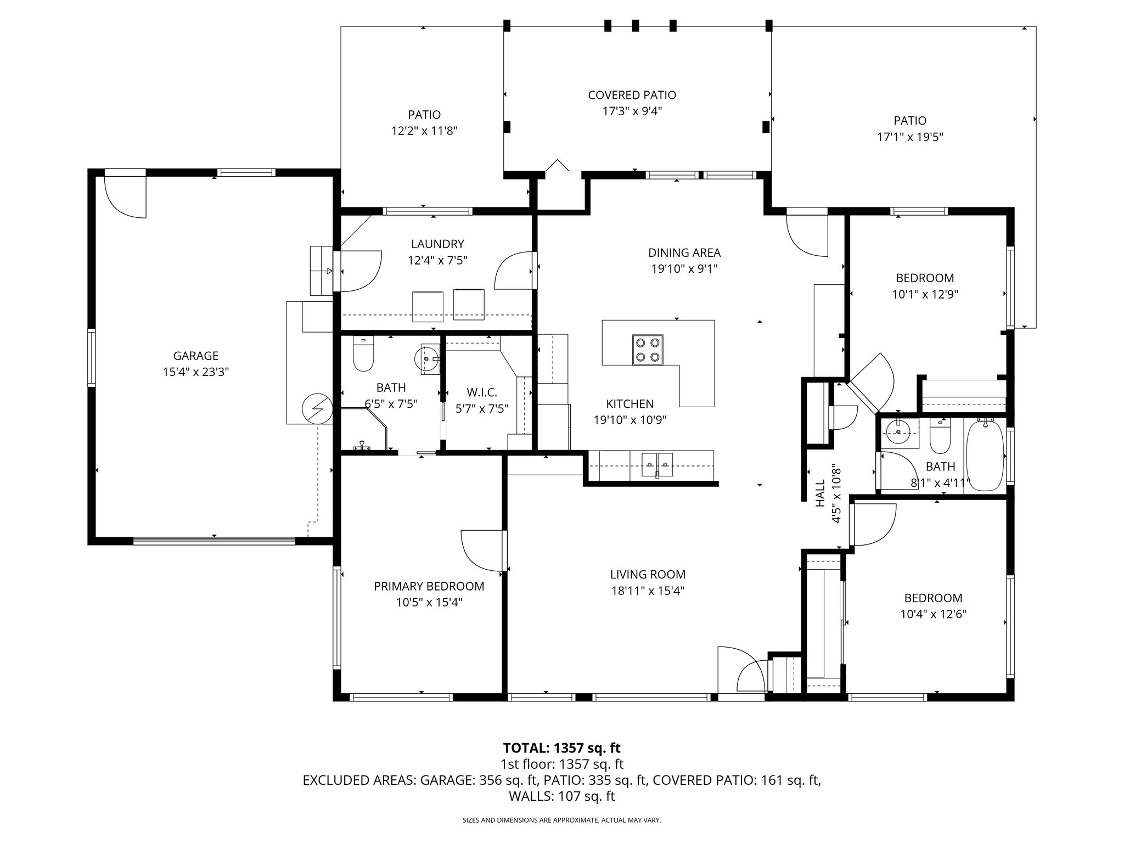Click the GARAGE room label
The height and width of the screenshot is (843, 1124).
[195, 356]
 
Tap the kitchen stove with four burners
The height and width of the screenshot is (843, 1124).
[648, 350]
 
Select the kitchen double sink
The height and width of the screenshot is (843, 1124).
[657, 465]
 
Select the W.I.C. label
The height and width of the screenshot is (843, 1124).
[482, 392]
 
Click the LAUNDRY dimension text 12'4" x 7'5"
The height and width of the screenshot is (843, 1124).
[437, 260]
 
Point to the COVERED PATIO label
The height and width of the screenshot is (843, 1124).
[632, 95]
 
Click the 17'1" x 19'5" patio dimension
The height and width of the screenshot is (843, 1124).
[910, 137]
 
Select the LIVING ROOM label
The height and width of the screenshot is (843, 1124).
[648, 575]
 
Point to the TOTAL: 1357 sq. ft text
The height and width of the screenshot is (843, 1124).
[561, 748]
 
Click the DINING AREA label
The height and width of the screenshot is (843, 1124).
[684, 252]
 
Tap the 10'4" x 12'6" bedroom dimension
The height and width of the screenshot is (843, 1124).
[933, 614]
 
